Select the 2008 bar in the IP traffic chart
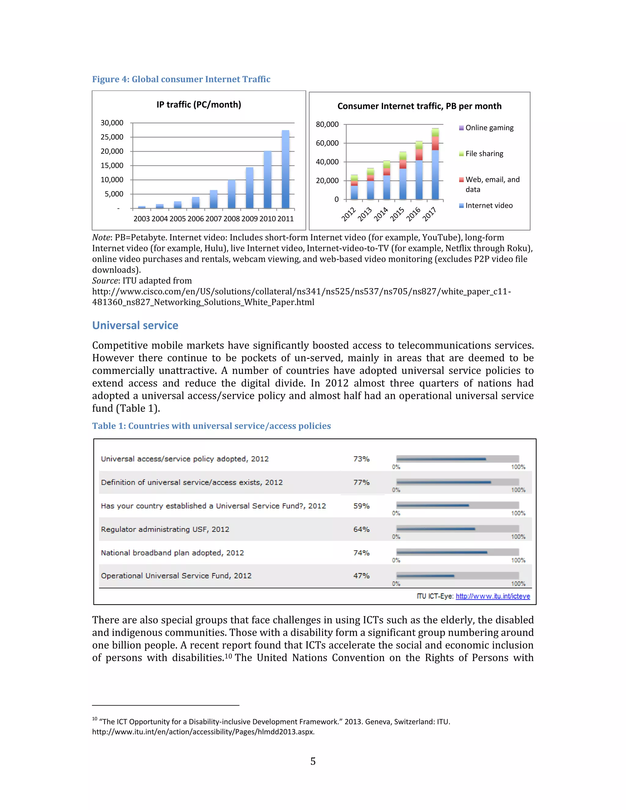pyautogui.click(x=231, y=194)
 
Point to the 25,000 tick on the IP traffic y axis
pyautogui.click(x=112, y=137)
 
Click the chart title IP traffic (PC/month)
pyautogui.click(x=199, y=105)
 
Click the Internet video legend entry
pyautogui.click(x=488, y=206)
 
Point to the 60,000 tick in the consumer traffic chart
pyautogui.click(x=327, y=143)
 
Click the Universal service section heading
pyautogui.click(x=135, y=326)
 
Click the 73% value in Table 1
pyautogui.click(x=361, y=459)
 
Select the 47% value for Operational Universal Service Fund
pyautogui.click(x=361, y=576)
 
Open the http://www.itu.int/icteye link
pyautogui.click(x=492, y=596)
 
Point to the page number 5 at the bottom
pyautogui.click(x=313, y=762)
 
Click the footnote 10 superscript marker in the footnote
pyautogui.click(x=94, y=719)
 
